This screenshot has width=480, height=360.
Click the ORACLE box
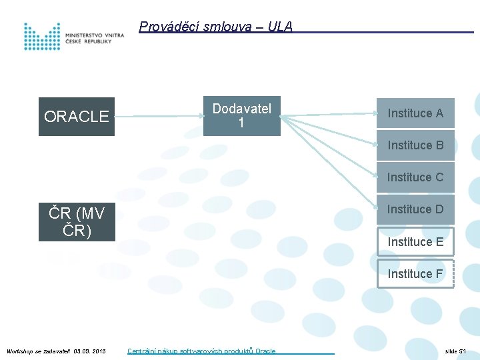click(x=76, y=117)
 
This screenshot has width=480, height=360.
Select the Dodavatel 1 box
click(x=241, y=116)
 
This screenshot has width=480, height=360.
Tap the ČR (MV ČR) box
click(x=76, y=222)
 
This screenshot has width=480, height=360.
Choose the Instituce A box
click(x=415, y=113)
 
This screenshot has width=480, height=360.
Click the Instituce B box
click(x=415, y=145)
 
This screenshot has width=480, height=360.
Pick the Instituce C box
click(x=415, y=177)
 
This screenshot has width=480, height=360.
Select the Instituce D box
click(x=415, y=209)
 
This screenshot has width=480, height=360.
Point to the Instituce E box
click(x=415, y=241)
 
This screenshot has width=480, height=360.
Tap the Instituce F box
click(x=415, y=273)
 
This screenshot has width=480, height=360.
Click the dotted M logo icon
click(x=42, y=37)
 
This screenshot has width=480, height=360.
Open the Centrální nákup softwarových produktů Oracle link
click(x=201, y=351)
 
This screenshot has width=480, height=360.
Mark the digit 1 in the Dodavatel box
click(x=241, y=124)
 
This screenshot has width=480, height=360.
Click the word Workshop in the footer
click(x=19, y=351)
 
